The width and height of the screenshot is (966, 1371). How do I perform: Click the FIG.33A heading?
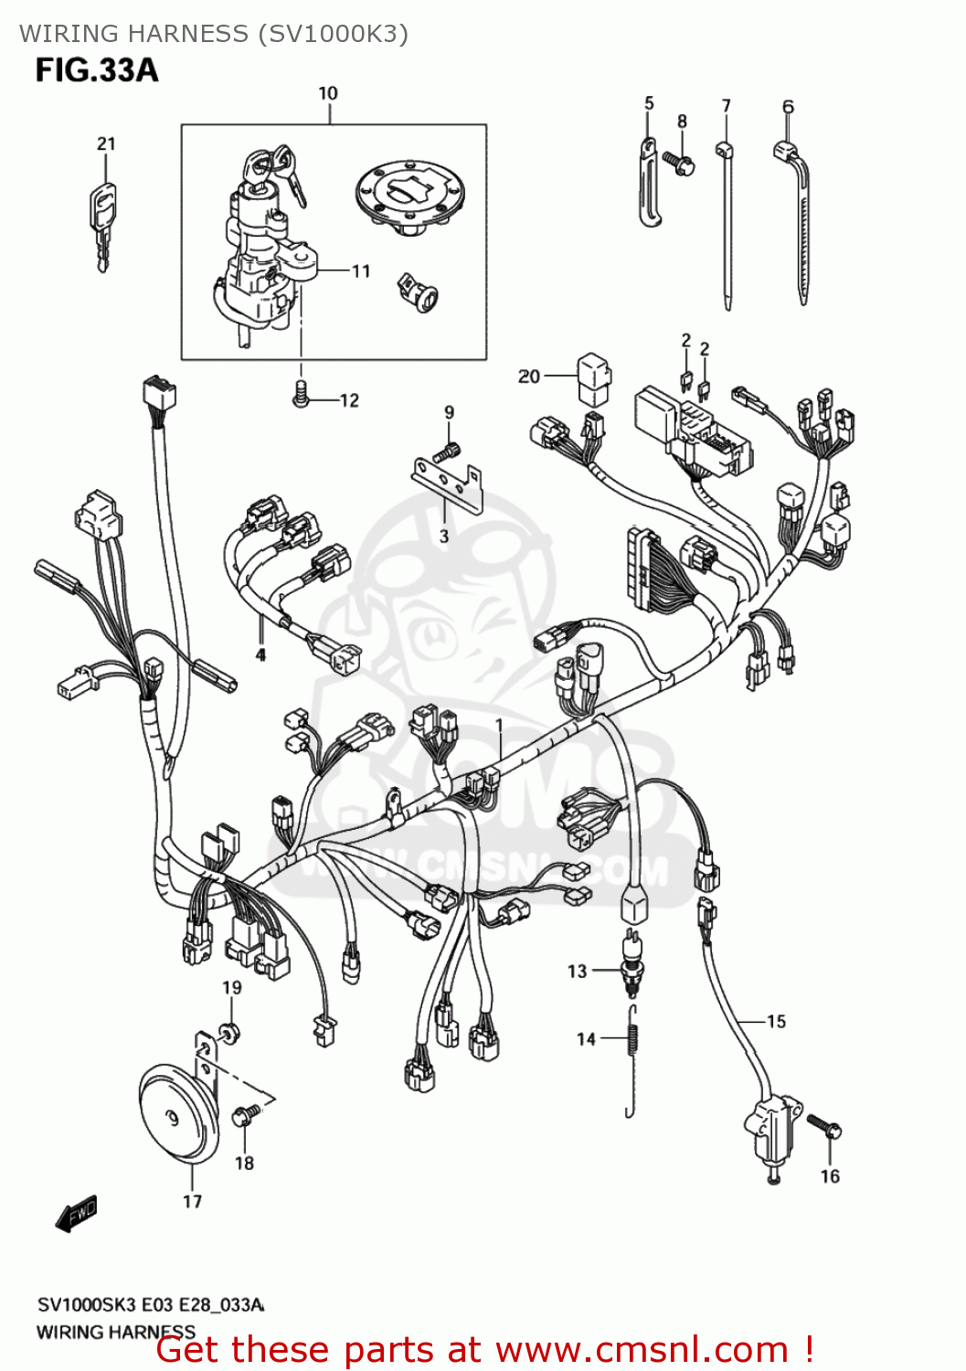click(97, 70)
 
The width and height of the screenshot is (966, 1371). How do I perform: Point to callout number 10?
click(328, 93)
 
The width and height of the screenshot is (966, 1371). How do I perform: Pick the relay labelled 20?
click(593, 377)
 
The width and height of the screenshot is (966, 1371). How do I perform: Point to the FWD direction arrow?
click(77, 1213)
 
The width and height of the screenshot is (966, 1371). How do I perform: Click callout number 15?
click(776, 1021)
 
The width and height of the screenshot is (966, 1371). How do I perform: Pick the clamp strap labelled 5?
click(650, 183)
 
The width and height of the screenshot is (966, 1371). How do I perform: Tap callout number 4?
click(260, 654)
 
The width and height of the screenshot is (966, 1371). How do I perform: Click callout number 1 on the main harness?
click(499, 725)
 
